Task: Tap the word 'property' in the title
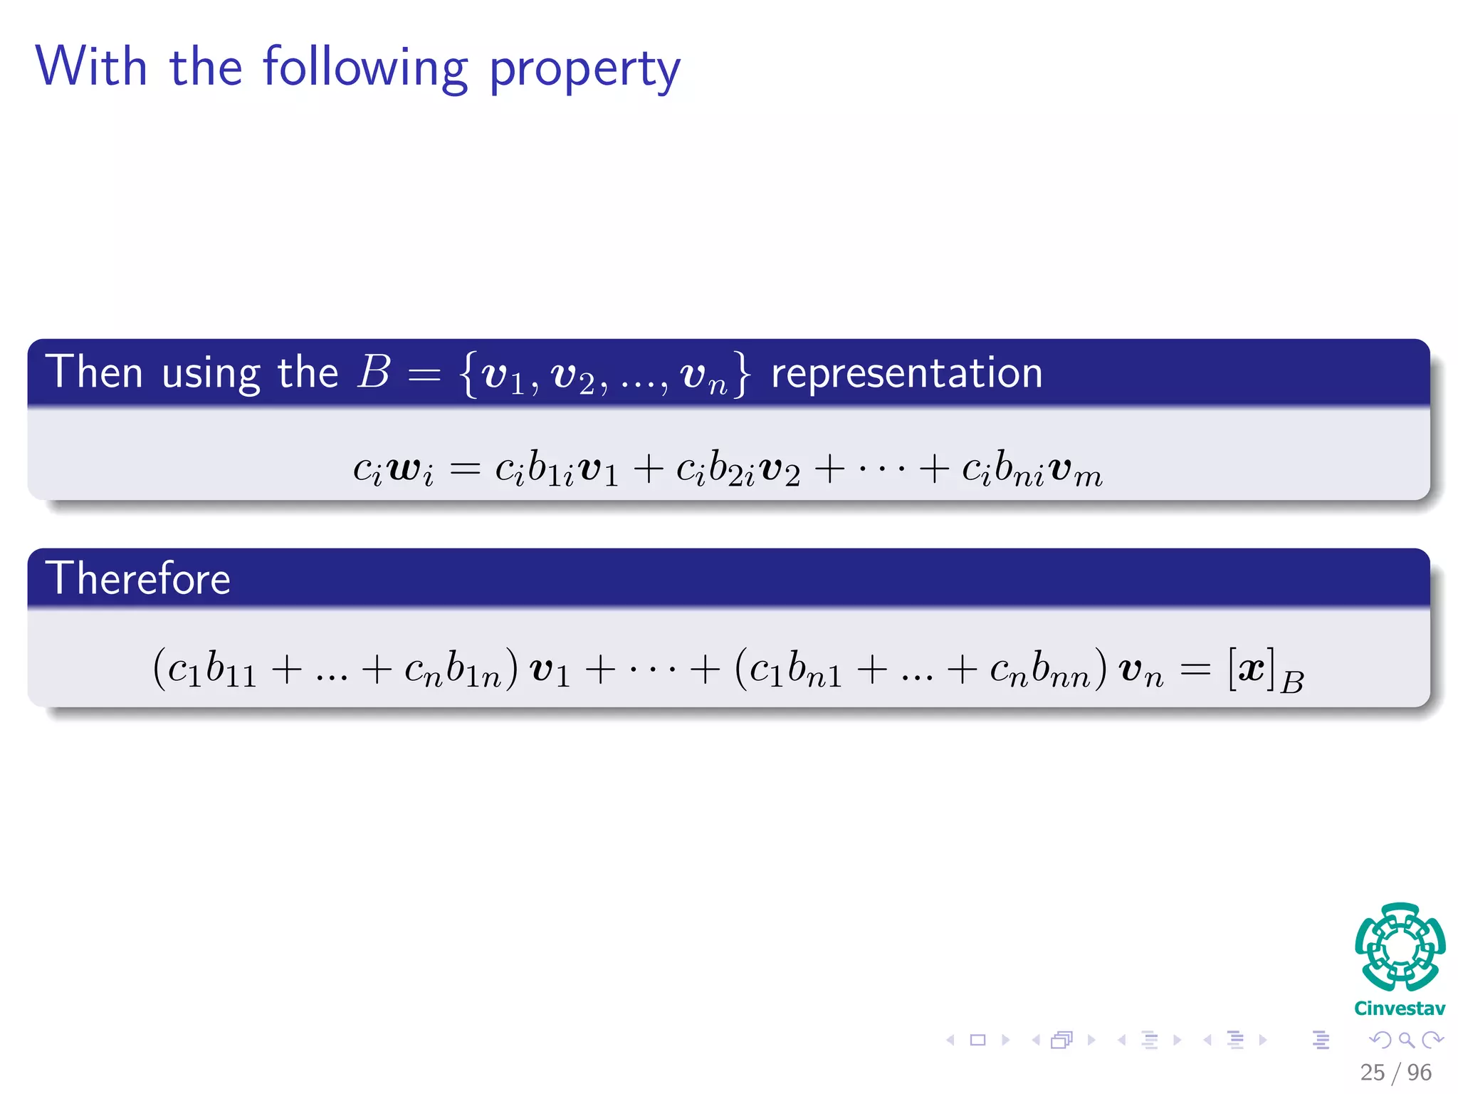(584, 70)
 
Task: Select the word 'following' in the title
(365, 68)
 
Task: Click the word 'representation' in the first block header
(906, 373)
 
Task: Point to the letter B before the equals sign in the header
(374, 372)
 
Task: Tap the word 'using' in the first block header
(211, 374)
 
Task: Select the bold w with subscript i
(411, 470)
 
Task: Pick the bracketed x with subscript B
(1265, 671)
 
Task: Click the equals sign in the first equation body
(465, 469)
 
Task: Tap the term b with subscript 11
(230, 670)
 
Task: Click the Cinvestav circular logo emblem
(1400, 947)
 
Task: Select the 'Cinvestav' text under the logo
(1400, 1009)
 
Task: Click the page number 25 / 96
(1395, 1072)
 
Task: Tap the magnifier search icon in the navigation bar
(1406, 1040)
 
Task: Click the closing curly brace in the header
(743, 373)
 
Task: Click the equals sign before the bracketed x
(1195, 670)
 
